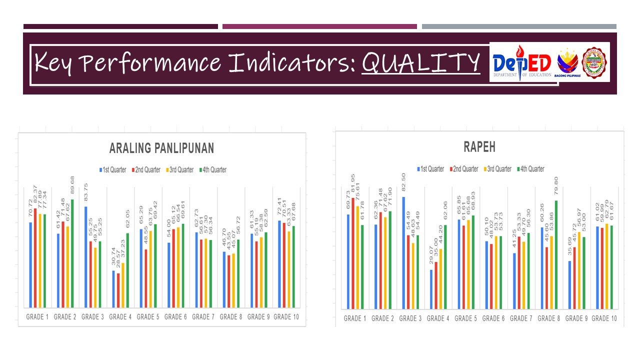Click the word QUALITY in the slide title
click(x=421, y=62)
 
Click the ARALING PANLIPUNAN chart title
click(x=161, y=148)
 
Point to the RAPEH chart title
click(x=479, y=147)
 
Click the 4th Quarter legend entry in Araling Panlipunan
click(x=212, y=170)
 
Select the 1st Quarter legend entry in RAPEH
click(x=430, y=169)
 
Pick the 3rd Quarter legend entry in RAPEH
click(x=497, y=169)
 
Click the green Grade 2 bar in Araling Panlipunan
click(x=72, y=253)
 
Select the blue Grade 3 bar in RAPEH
click(x=403, y=252)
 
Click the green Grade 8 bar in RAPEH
click(x=556, y=254)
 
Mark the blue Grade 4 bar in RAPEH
click(x=431, y=289)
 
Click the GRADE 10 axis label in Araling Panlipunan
click(x=285, y=316)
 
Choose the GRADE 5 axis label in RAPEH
click(x=465, y=318)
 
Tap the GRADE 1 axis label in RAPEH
click(x=354, y=318)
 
